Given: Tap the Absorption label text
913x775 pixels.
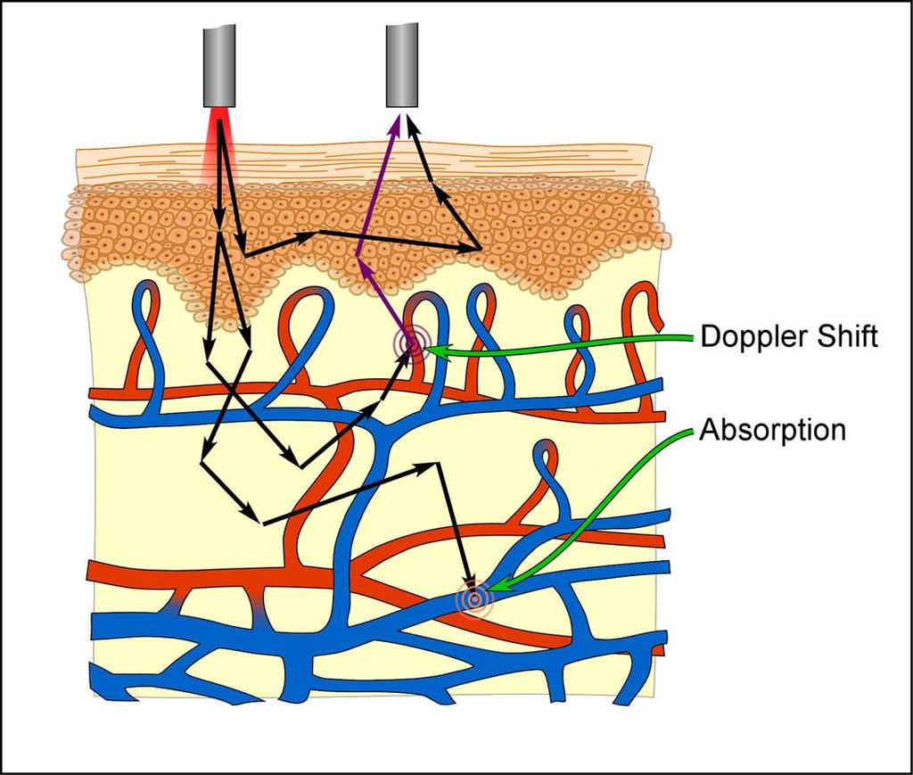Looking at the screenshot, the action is (x=772, y=430).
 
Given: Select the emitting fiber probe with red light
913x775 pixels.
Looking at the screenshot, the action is (x=219, y=66).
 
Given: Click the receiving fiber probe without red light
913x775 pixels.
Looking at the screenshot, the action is (x=402, y=66).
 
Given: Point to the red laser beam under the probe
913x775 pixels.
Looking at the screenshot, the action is (x=219, y=145).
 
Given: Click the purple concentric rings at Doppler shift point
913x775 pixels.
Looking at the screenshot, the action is (x=411, y=345).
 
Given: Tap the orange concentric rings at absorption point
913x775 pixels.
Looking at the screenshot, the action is (x=475, y=598).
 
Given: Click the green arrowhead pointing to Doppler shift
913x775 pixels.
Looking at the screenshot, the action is (x=438, y=350).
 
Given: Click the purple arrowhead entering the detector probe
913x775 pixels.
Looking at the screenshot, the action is (x=396, y=123).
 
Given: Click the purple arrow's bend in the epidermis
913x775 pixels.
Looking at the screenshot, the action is (x=356, y=256).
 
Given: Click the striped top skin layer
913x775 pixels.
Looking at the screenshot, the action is (x=364, y=163).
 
